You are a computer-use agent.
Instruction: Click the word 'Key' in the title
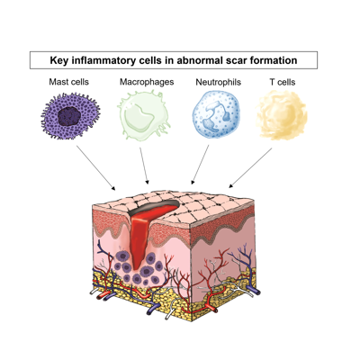coord(58,60)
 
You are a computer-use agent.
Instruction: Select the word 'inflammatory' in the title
coord(102,61)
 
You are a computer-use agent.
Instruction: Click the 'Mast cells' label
coord(69,82)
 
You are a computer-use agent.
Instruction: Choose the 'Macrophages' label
coord(147,82)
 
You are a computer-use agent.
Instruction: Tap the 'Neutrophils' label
coord(218,82)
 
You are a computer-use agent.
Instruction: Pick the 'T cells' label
coord(283,82)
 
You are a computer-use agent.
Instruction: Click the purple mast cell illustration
coord(70,116)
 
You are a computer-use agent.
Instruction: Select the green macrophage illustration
coord(144,115)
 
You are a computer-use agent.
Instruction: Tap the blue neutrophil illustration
coord(216,114)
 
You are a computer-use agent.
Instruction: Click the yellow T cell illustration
coord(282,115)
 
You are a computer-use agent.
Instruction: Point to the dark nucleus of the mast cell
coord(69,117)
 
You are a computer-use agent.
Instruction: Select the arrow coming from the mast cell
coord(95,168)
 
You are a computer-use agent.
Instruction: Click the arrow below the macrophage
coord(144,166)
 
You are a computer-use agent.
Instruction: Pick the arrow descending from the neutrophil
coord(200,165)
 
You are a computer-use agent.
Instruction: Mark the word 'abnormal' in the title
coord(199,60)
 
